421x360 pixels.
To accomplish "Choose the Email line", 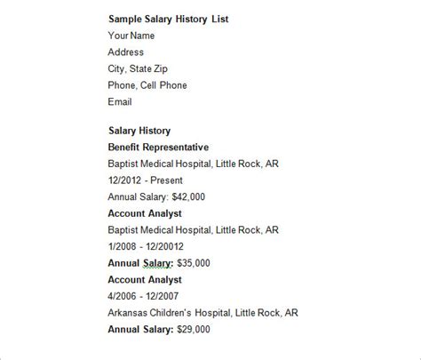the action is click(120, 102).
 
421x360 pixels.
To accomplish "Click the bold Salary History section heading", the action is click(140, 130).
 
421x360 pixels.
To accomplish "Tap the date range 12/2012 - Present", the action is click(141, 180).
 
